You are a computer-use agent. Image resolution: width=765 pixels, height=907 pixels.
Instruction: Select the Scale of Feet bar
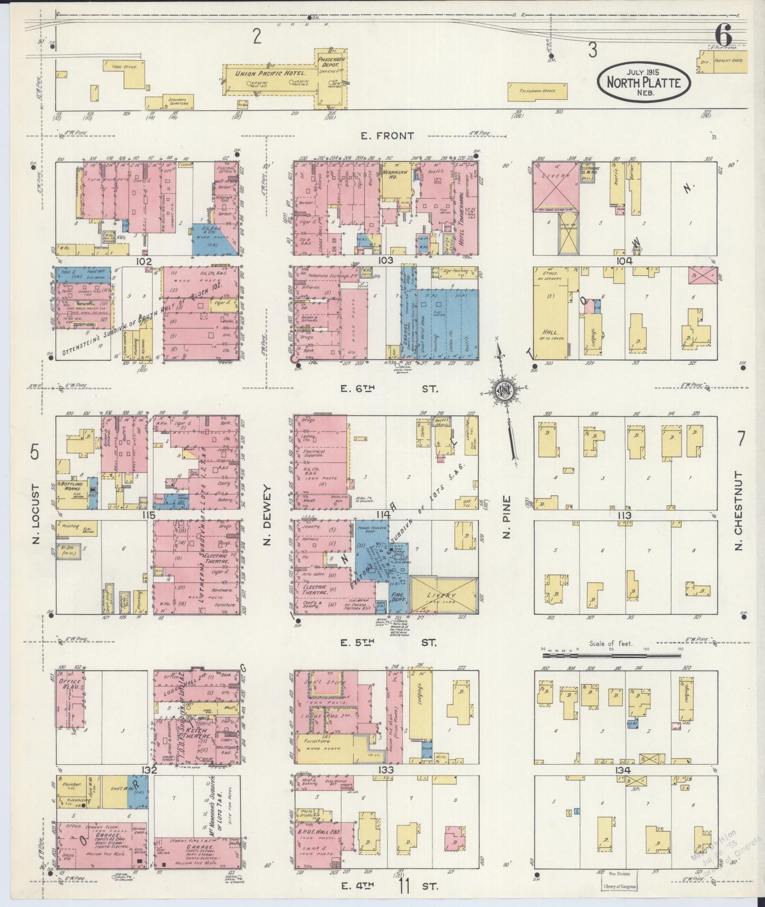coord(612,655)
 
